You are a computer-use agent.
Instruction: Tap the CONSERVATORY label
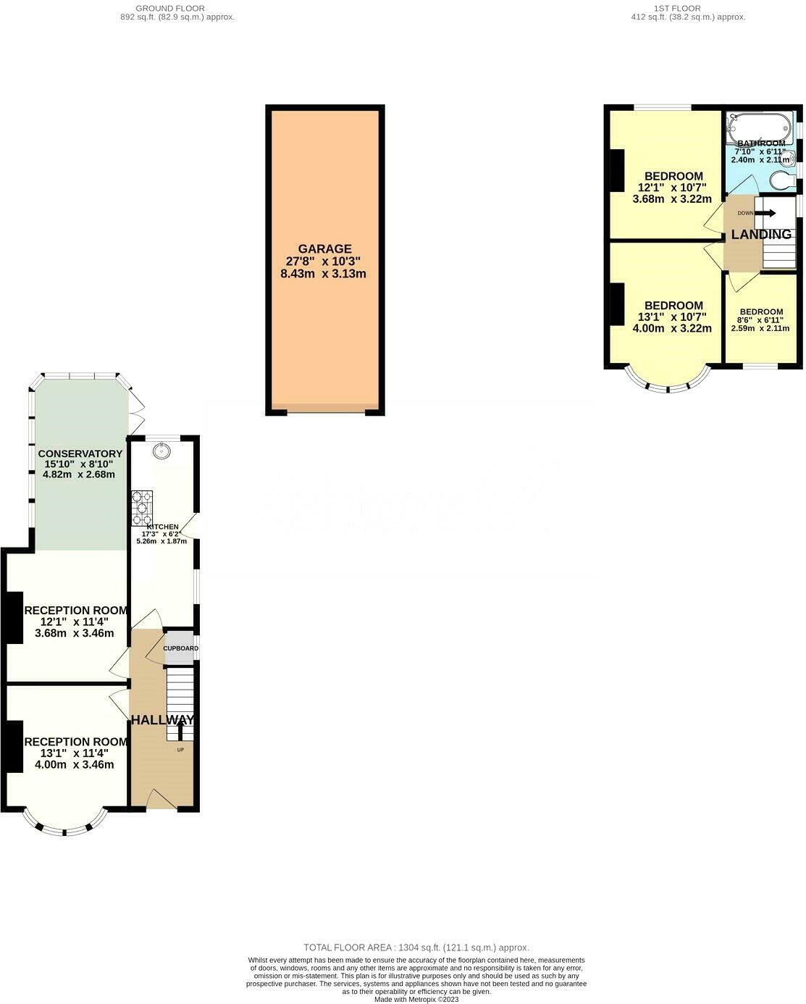pyautogui.click(x=80, y=453)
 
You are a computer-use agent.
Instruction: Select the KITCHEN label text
pyautogui.click(x=162, y=527)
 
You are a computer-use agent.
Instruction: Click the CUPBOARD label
pyautogui.click(x=180, y=648)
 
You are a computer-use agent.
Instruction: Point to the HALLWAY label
pyautogui.click(x=162, y=720)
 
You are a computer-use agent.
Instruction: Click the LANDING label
pyautogui.click(x=760, y=235)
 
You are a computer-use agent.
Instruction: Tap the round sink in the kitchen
pyautogui.click(x=160, y=451)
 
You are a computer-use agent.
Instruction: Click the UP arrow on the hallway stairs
pyautogui.click(x=180, y=729)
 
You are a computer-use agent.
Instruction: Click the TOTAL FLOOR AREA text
pyautogui.click(x=416, y=947)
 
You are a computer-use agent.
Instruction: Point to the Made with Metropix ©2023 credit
pyautogui.click(x=416, y=1000)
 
